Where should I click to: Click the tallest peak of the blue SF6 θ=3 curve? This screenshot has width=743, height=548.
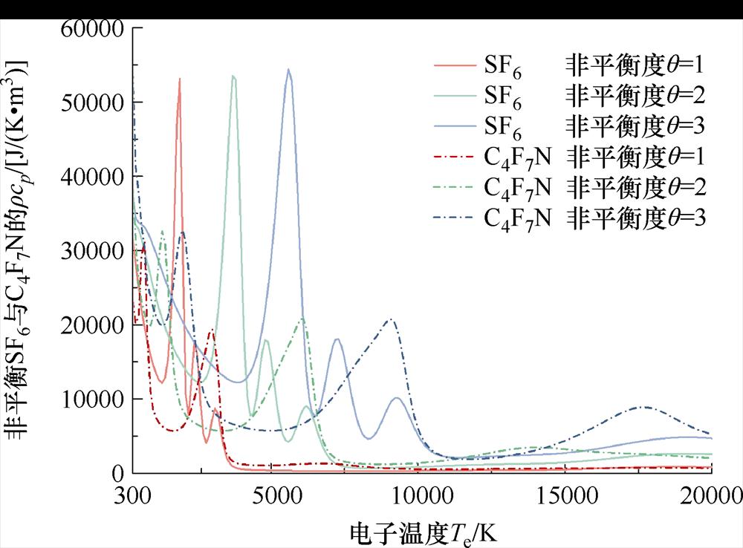pyautogui.click(x=288, y=70)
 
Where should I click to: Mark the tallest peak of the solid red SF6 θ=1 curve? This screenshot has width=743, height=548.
pyautogui.click(x=180, y=79)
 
